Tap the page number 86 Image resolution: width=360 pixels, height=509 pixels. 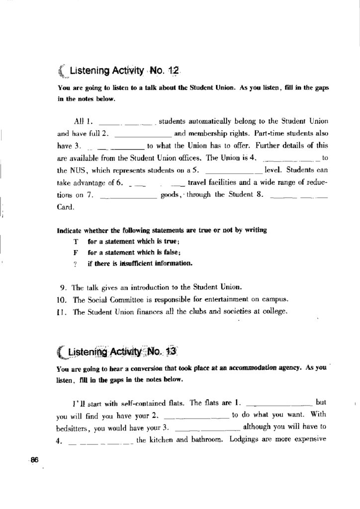[x=34, y=459]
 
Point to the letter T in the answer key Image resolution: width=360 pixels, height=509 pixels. [x=76, y=242]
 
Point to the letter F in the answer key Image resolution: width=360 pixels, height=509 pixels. [x=76, y=253]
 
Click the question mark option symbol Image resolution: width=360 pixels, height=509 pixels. [x=76, y=264]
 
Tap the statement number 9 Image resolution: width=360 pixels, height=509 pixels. [x=63, y=288]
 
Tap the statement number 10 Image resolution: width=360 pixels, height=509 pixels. [x=63, y=300]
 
